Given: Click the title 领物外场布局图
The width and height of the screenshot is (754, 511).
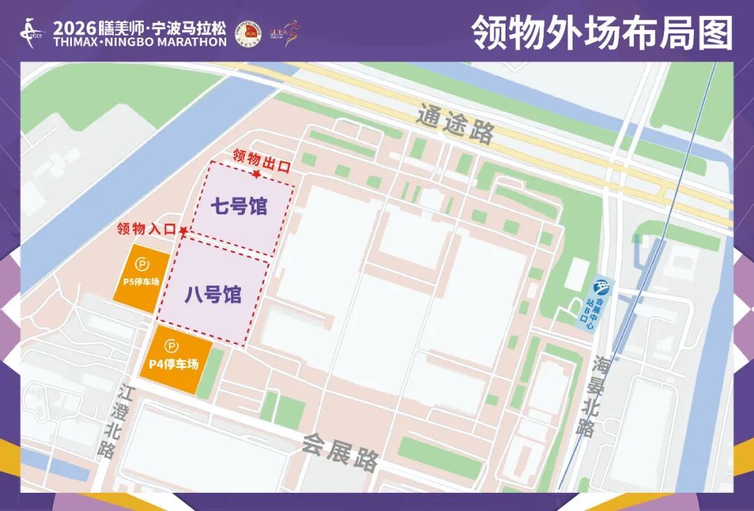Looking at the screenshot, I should tap(602, 32).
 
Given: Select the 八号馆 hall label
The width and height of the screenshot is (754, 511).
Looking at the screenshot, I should tap(213, 295).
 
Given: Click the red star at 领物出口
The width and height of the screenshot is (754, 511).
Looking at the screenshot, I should tap(257, 173).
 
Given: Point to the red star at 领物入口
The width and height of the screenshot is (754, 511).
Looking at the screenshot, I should tap(183, 230).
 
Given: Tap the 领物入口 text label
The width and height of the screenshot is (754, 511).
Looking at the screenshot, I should tap(146, 229).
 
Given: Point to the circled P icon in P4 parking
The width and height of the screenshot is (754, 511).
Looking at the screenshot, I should tap(172, 345).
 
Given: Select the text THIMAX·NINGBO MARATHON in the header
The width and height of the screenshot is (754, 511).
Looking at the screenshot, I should tap(140, 42).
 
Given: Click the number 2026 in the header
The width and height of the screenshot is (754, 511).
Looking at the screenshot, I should tap(75, 29).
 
